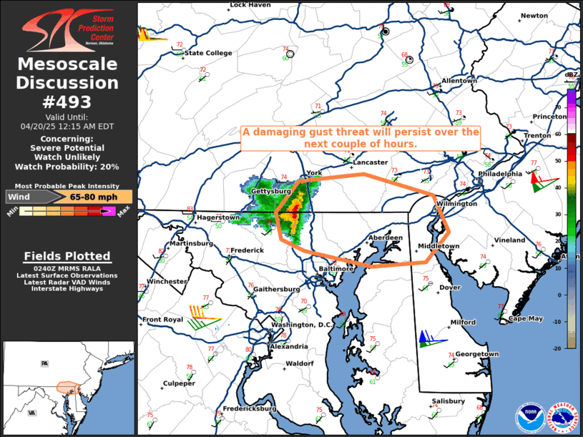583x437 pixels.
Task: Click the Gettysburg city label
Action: click(x=270, y=192)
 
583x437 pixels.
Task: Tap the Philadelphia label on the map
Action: click(x=500, y=174)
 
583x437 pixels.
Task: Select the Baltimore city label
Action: click(x=336, y=269)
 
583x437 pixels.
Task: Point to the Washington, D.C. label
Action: click(x=303, y=325)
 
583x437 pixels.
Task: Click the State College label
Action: click(x=208, y=53)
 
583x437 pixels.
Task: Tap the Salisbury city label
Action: click(x=448, y=401)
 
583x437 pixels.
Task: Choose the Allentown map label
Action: click(x=459, y=81)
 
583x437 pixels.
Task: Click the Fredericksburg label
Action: click(x=249, y=408)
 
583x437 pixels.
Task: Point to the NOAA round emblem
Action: click(x=529, y=417)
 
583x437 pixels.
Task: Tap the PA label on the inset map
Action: click(x=44, y=363)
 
